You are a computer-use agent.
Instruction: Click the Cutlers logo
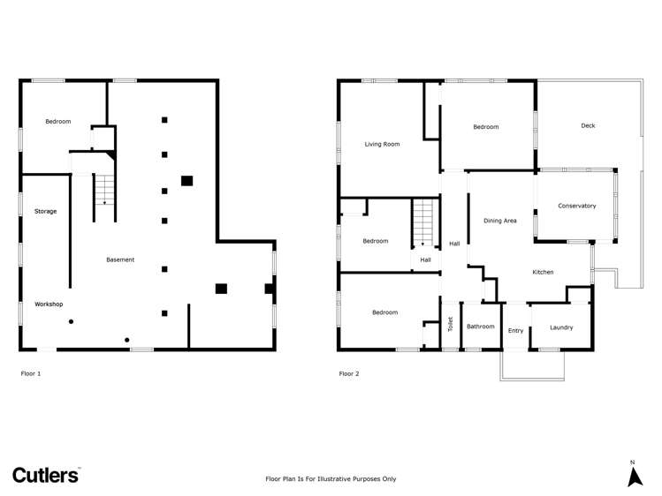pyautogui.click(x=46, y=475)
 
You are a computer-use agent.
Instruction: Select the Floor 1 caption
pyautogui.click(x=31, y=373)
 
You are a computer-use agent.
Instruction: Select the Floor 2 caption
pyautogui.click(x=349, y=373)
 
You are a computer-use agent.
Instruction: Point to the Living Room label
pyautogui.click(x=383, y=144)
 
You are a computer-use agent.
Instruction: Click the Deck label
pyautogui.click(x=588, y=125)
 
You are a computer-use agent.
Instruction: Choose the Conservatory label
pyautogui.click(x=576, y=206)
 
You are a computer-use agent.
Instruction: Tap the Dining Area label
pyautogui.click(x=499, y=221)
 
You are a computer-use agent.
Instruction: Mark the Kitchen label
pyautogui.click(x=543, y=272)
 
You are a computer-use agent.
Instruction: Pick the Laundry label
pyautogui.click(x=560, y=327)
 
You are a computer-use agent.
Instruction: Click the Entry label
pyautogui.click(x=515, y=331)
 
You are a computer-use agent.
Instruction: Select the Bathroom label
pyautogui.click(x=481, y=327)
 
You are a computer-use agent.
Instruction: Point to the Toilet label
pyautogui.click(x=450, y=325)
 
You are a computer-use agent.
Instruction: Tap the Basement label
pyautogui.click(x=120, y=259)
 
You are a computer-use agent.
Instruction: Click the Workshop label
pyautogui.click(x=49, y=304)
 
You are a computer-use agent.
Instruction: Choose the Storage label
pyautogui.click(x=46, y=212)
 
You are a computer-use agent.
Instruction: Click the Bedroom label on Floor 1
pyautogui.click(x=58, y=121)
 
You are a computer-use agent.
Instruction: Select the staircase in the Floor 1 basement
pyautogui.click(x=105, y=190)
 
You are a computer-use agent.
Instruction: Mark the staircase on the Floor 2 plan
pyautogui.click(x=424, y=222)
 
